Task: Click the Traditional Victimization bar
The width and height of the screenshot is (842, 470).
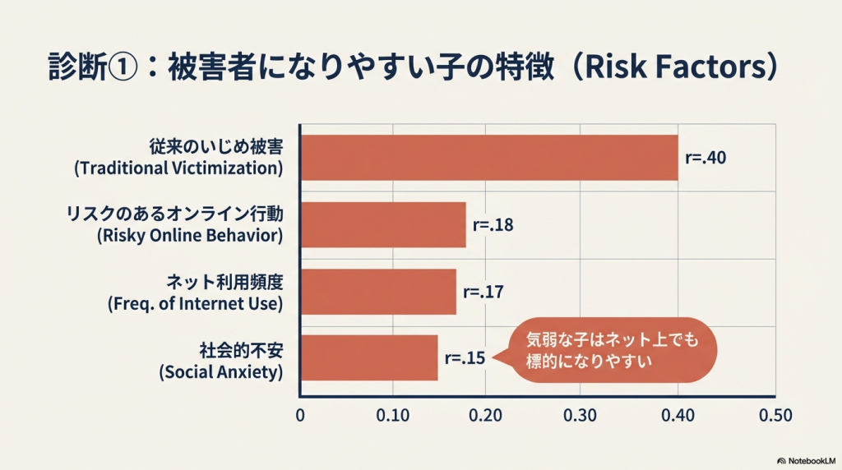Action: click(x=489, y=157)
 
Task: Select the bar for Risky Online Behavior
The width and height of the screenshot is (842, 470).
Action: click(x=383, y=224)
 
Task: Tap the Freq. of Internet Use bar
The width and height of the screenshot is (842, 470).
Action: click(x=378, y=291)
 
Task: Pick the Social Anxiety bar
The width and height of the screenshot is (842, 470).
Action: click(x=369, y=357)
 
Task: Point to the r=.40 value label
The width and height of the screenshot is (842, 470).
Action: click(x=706, y=157)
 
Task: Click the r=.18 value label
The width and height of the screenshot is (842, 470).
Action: click(x=493, y=224)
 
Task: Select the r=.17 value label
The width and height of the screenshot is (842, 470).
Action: click(x=483, y=291)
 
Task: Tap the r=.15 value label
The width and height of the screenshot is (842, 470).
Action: click(x=465, y=357)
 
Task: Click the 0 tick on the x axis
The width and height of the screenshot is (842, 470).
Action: click(x=300, y=416)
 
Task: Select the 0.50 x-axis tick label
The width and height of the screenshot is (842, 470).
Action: click(x=775, y=416)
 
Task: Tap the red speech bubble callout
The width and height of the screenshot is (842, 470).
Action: click(x=613, y=350)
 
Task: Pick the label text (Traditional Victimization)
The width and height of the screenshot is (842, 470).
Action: click(x=178, y=169)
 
